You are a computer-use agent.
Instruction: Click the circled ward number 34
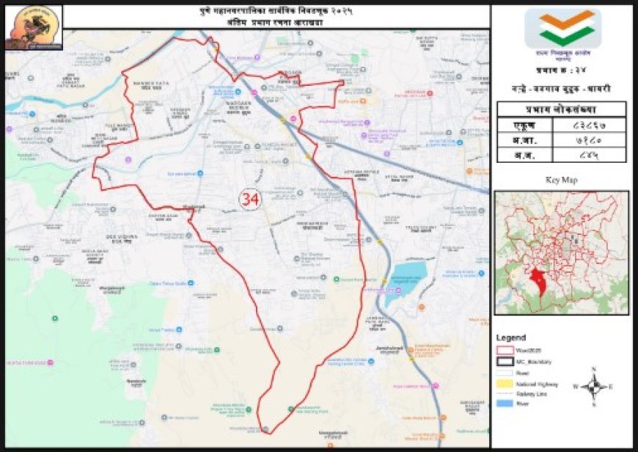[x=250, y=199]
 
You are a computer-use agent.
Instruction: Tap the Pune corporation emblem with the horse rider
[x=33, y=28]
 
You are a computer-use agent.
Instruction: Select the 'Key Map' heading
[x=562, y=180]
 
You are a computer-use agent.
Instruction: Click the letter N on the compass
[x=594, y=369]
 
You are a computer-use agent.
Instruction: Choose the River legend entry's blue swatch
[x=505, y=404]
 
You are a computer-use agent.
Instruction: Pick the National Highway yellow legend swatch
[x=505, y=383]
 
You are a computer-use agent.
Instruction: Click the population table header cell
[x=562, y=109]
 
